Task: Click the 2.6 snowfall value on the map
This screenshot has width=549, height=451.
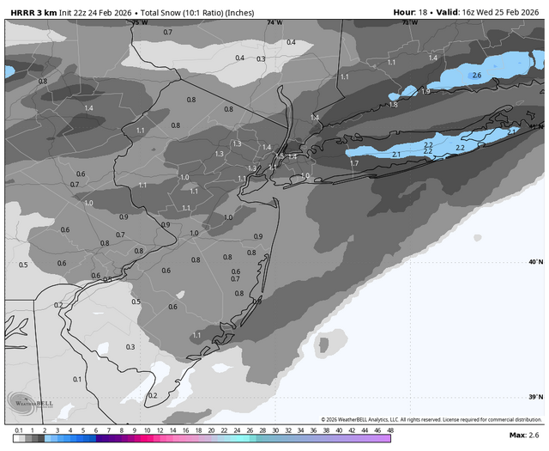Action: pyautogui.click(x=477, y=76)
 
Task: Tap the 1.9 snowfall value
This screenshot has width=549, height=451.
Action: pyautogui.click(x=425, y=91)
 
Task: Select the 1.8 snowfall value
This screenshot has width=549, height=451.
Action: pyautogui.click(x=393, y=105)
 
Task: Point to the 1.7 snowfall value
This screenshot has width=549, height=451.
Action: pyautogui.click(x=353, y=163)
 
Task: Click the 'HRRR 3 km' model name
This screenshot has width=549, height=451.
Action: pyautogui.click(x=33, y=12)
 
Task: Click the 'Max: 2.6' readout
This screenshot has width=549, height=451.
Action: pyautogui.click(x=523, y=436)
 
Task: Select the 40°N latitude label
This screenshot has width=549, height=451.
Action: pyautogui.click(x=535, y=262)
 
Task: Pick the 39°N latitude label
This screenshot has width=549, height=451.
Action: pyautogui.click(x=535, y=397)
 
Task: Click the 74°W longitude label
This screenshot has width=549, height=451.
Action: pyautogui.click(x=274, y=22)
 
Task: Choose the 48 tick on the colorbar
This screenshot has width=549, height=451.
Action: pyautogui.click(x=390, y=429)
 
